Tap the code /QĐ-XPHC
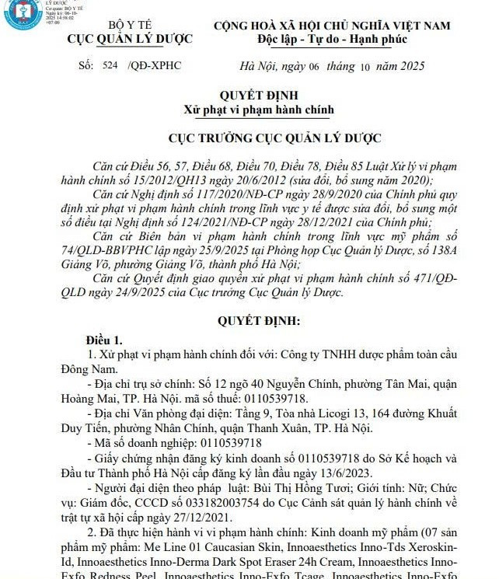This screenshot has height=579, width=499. pos(154,65)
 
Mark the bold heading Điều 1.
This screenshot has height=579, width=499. pos(104,340)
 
